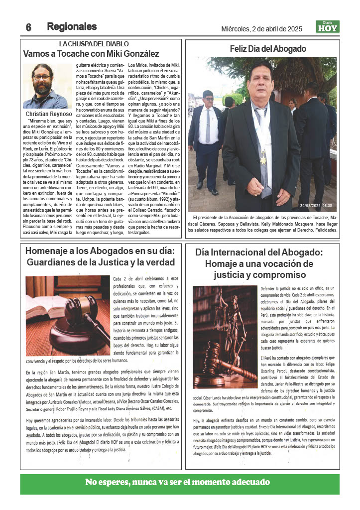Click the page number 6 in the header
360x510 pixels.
[x=28, y=27]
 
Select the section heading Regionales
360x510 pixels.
[x=72, y=26]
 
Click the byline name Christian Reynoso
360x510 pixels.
[x=47, y=114]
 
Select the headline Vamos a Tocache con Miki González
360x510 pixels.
[x=91, y=53]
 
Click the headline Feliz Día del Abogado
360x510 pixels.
[x=267, y=49]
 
